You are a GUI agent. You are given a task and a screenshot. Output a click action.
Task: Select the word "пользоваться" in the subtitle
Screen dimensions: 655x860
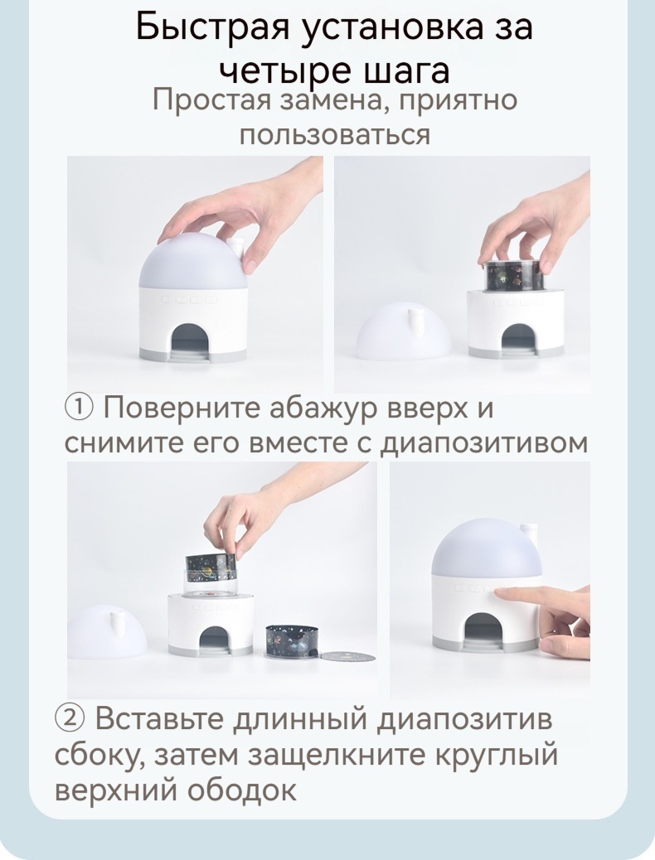[334, 134]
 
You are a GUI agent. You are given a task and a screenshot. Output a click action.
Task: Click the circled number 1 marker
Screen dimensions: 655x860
[80, 408]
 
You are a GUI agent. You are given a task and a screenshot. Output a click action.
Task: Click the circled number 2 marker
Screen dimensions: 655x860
[70, 718]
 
